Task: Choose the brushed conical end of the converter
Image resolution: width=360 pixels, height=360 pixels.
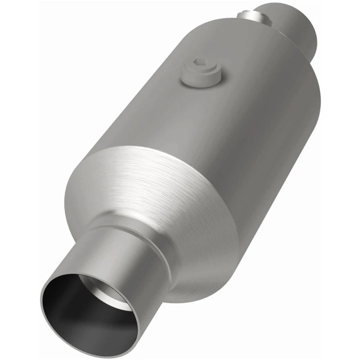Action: click(x=148, y=189)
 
